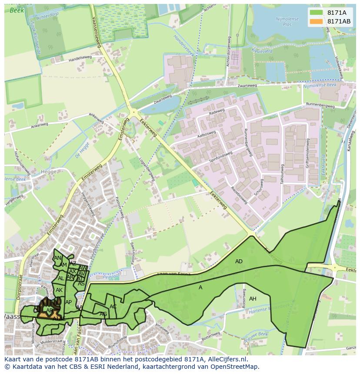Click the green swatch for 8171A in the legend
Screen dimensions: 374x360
317,13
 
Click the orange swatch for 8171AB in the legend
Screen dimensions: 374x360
317,21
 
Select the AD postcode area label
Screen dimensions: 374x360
239,261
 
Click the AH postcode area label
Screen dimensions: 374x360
253,299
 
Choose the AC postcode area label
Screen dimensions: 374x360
113,307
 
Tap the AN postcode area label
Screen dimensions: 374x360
57,258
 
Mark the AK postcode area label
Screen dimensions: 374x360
59,290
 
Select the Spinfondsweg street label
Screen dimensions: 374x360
221,156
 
